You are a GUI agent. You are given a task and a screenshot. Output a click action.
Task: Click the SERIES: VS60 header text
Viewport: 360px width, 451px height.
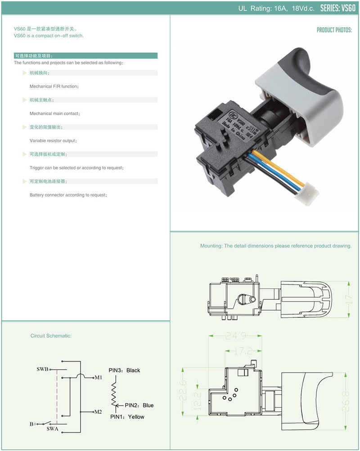point(338,8)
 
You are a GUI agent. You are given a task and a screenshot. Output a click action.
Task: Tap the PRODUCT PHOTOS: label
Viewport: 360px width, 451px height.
point(334,30)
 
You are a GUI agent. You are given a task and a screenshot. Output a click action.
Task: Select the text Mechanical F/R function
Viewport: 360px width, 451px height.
point(54,86)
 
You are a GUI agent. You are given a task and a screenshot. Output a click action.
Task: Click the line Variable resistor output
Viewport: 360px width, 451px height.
point(53,141)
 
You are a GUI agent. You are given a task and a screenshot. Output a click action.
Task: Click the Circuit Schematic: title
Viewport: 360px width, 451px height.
point(51,336)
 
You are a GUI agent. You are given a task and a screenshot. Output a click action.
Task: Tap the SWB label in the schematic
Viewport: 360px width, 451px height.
point(42,369)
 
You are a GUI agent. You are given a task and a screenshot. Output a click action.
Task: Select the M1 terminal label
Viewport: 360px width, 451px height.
point(99,377)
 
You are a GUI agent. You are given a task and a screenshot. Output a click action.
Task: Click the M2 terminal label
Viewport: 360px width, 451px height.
point(98,411)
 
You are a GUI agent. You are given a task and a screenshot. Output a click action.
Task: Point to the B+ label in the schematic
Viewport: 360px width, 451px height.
point(33,424)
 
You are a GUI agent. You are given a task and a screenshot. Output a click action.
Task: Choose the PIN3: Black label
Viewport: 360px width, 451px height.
point(124,370)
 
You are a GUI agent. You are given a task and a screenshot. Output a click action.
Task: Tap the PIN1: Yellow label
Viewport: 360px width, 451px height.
point(127,417)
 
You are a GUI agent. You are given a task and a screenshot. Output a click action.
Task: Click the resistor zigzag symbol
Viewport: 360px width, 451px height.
point(115,390)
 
